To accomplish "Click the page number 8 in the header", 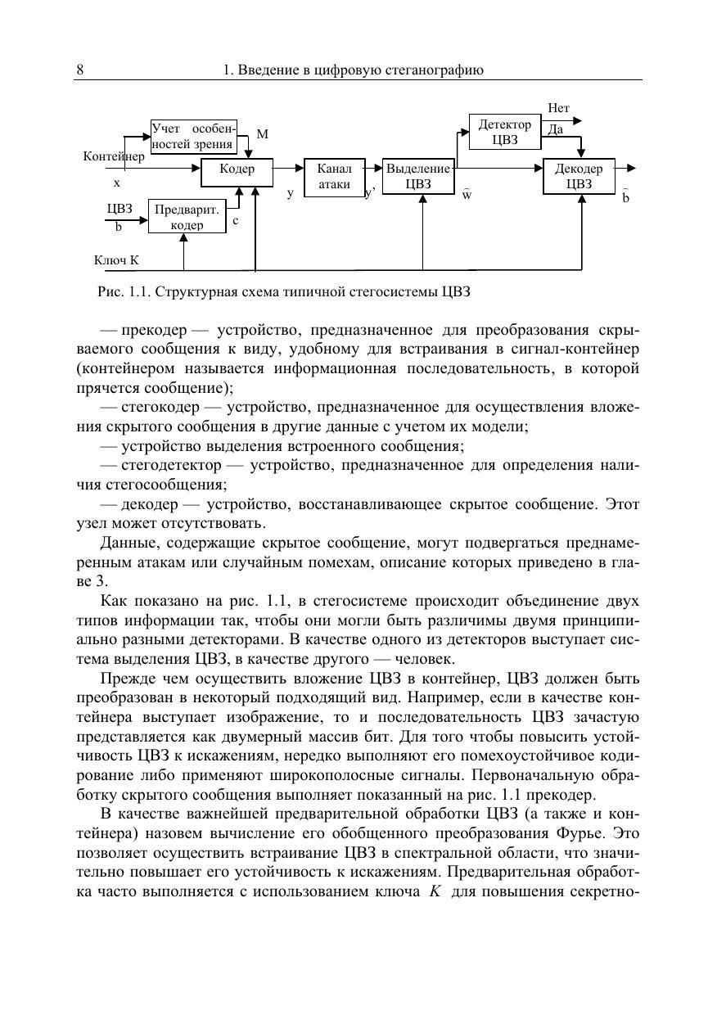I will tap(80, 70).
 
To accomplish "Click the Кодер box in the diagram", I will tap(237, 169).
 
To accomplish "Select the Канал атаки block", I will tap(334, 177).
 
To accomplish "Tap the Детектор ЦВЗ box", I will tap(505, 133).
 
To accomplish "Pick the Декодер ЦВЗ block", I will tap(579, 177).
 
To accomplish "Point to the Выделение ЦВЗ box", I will tap(417, 177).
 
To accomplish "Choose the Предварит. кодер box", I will tap(187, 216).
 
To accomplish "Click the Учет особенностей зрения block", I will tap(194, 137).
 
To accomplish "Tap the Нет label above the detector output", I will tap(558, 108).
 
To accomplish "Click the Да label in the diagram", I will tap(555, 129).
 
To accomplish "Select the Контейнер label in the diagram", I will tap(114, 156).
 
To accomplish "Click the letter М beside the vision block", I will tap(262, 133).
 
